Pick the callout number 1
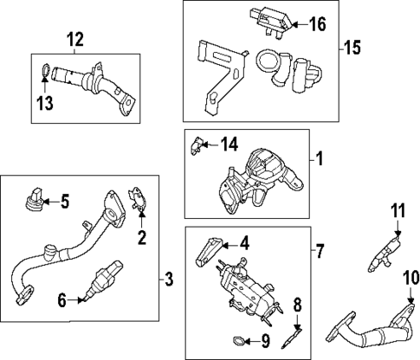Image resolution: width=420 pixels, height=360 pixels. tap(318, 159)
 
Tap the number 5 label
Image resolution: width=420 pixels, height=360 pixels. tap(63, 202)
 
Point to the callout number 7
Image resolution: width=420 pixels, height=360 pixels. tap(320, 252)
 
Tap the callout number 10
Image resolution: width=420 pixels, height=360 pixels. tap(410, 278)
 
